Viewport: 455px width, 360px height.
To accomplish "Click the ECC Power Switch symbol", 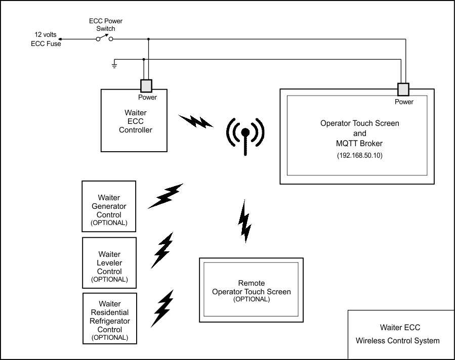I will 105,38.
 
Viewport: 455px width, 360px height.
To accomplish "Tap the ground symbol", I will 115,65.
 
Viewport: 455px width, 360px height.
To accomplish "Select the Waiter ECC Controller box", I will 134,120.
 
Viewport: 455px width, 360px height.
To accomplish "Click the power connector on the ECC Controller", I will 146,85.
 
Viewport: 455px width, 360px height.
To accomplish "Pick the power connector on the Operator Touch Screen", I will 403,90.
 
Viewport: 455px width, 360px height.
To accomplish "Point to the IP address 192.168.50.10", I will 360,156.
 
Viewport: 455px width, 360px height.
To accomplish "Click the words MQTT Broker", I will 360,144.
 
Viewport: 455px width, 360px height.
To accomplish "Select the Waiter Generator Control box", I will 109,206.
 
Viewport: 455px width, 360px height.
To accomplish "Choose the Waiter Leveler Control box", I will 109,263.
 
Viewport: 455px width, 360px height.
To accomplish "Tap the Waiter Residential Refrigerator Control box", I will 109,318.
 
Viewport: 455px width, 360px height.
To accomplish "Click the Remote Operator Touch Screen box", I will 252,290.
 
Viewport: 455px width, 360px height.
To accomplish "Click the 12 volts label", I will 46,35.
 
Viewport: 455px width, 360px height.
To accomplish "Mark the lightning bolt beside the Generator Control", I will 165,196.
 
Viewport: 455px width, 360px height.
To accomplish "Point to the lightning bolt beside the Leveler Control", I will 162,250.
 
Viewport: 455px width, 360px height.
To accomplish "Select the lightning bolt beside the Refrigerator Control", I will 162,308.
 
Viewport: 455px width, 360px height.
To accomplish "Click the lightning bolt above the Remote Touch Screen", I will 245,221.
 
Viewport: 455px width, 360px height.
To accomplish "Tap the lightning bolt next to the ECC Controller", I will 195,121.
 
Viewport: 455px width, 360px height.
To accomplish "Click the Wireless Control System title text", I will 398,340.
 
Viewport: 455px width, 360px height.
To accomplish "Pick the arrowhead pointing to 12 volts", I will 61,38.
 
